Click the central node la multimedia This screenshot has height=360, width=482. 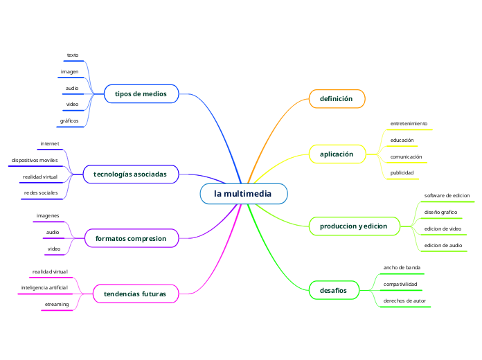(x=243, y=194)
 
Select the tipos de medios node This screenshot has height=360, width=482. (x=141, y=93)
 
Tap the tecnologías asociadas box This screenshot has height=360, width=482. (x=130, y=174)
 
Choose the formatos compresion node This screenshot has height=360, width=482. (x=131, y=239)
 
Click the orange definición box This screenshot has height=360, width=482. (x=336, y=99)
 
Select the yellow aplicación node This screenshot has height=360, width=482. (x=337, y=154)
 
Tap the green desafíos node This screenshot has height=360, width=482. (x=333, y=289)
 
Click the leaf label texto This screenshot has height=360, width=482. (x=73, y=55)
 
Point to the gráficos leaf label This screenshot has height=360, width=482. (x=69, y=120)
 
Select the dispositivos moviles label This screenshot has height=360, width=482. (x=34, y=160)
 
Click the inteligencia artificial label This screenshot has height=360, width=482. (x=44, y=287)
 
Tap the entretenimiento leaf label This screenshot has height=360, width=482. (x=409, y=124)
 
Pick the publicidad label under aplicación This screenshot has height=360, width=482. (x=402, y=172)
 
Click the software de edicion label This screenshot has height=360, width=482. (x=447, y=196)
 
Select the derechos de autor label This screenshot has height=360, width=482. (x=404, y=300)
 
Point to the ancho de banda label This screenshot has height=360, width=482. (x=402, y=267)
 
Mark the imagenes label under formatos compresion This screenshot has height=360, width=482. (x=48, y=216)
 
